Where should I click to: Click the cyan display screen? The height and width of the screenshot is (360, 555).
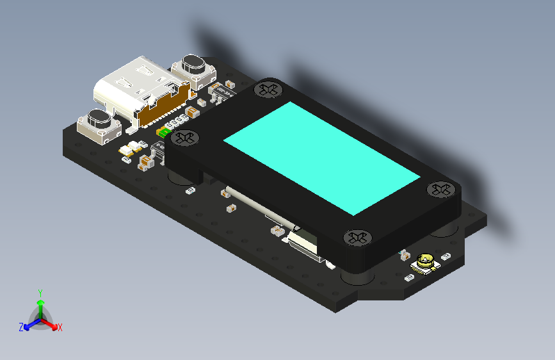[x=321, y=156]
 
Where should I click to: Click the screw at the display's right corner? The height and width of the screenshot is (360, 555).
[x=439, y=189]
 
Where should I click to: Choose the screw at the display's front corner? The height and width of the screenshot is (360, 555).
[x=357, y=238]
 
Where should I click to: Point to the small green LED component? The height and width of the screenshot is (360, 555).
[x=163, y=133]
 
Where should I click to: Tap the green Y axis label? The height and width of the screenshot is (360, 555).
[x=40, y=292]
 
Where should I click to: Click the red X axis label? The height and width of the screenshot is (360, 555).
[x=60, y=327]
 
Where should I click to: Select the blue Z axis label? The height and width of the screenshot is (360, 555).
[x=21, y=327]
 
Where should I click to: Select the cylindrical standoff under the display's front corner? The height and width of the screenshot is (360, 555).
[x=356, y=276]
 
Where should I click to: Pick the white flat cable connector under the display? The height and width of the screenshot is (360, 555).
[x=305, y=246]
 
